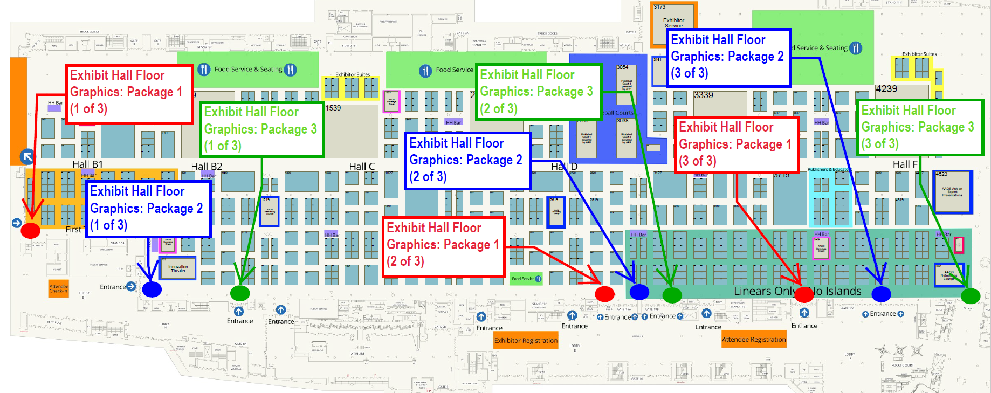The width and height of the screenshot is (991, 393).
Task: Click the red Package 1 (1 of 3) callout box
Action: click(x=129, y=94)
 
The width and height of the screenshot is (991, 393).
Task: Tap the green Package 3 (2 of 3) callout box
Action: click(x=538, y=92)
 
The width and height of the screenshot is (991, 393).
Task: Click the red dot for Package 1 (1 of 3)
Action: click(x=30, y=230)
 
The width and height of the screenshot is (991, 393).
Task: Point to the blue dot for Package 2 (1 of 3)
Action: click(x=152, y=289)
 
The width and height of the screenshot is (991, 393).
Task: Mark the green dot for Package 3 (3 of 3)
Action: click(x=971, y=295)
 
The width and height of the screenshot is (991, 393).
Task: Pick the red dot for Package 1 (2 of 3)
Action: click(x=604, y=294)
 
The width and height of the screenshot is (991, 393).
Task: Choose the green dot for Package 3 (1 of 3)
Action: click(x=240, y=293)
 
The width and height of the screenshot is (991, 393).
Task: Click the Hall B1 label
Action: click(x=87, y=164)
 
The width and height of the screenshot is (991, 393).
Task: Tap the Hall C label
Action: click(x=362, y=167)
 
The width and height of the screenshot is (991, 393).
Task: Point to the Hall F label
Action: click(x=905, y=164)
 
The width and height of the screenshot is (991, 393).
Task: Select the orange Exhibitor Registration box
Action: click(x=526, y=341)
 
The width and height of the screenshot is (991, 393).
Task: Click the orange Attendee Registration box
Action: click(x=754, y=340)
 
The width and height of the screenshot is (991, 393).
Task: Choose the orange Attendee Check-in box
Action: click(x=59, y=289)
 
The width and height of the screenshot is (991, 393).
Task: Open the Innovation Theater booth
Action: click(x=178, y=268)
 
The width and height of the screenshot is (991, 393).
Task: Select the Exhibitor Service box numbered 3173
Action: click(x=673, y=23)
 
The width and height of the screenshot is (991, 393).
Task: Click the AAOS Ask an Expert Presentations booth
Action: click(x=952, y=192)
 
